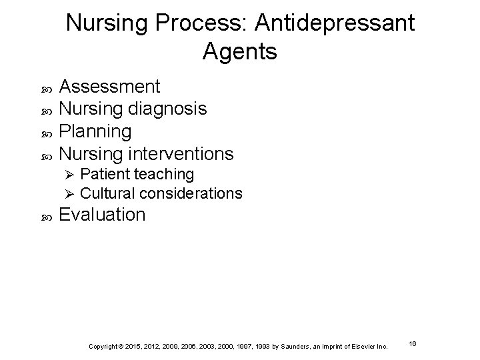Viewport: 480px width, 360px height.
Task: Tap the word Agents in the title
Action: (x=239, y=51)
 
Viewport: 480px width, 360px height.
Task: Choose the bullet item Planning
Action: (x=96, y=131)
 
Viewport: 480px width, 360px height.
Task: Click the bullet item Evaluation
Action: (x=102, y=215)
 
